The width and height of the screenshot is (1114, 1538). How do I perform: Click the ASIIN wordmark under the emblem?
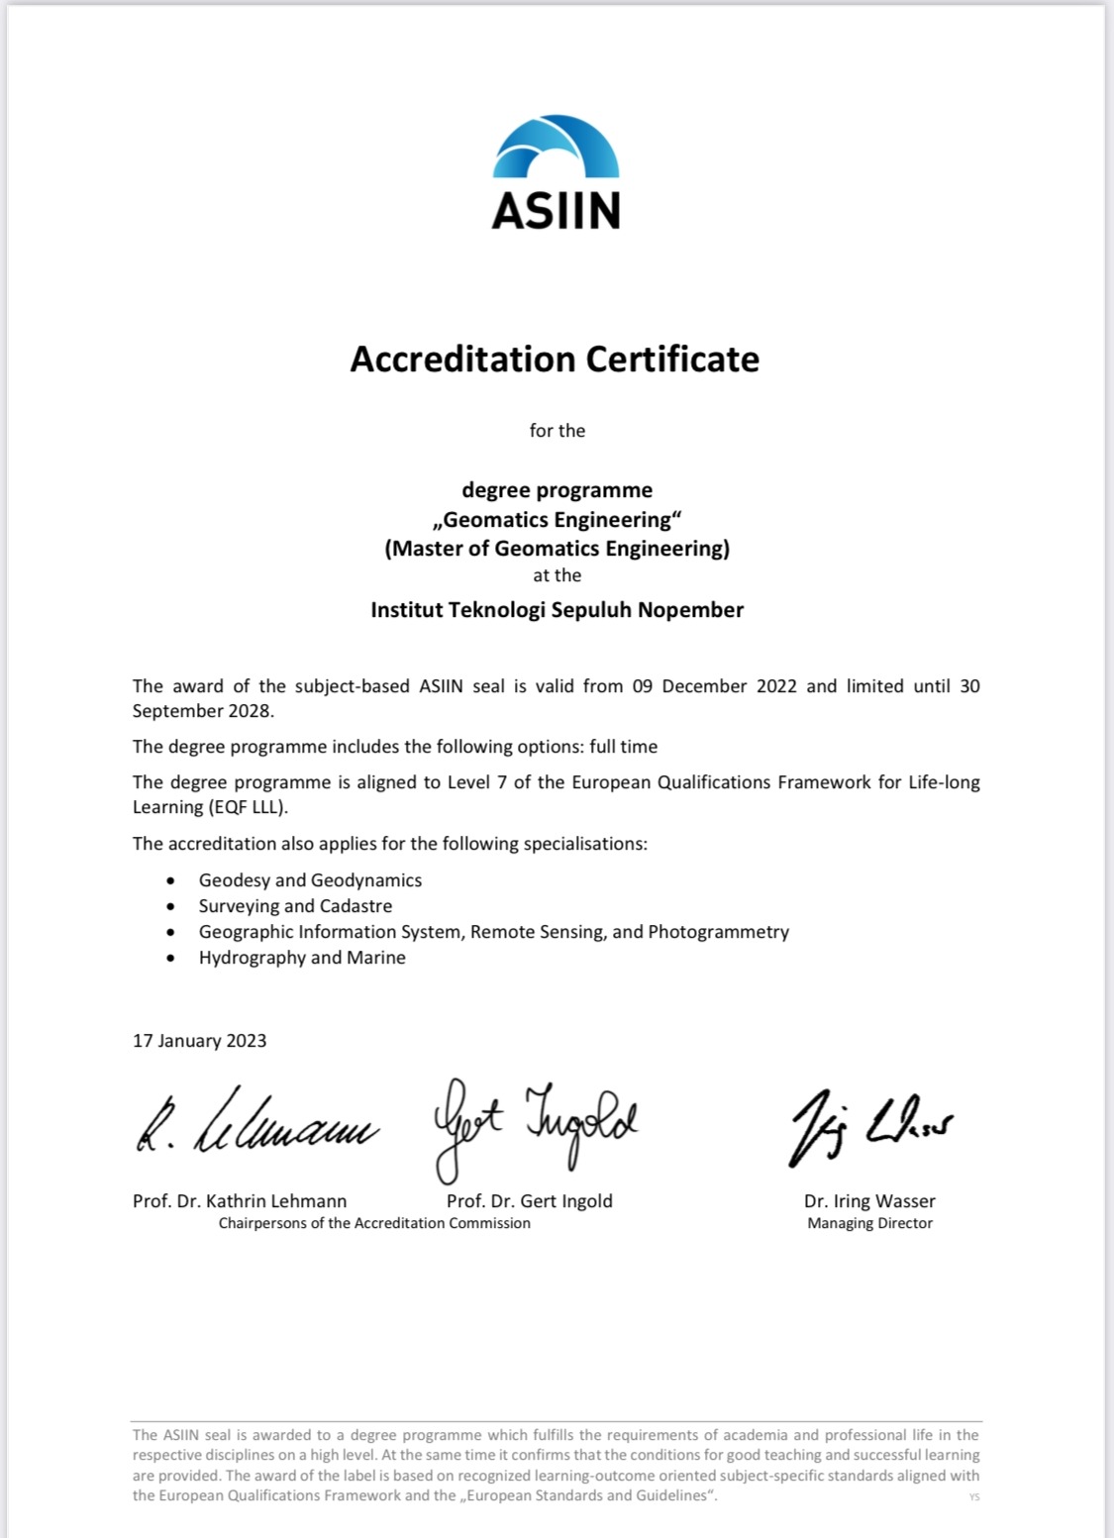point(556,210)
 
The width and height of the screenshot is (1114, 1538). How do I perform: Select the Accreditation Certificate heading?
point(555,359)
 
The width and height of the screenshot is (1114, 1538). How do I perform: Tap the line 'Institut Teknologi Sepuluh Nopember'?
point(557,610)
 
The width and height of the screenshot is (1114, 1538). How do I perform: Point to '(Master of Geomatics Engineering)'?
point(557,549)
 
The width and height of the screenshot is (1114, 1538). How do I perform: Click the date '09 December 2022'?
point(714,686)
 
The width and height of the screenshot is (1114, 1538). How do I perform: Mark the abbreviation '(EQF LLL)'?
point(248,807)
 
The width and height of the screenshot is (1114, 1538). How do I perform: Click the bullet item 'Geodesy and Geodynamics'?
point(310,880)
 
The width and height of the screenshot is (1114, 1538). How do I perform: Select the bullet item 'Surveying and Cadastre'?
point(295,906)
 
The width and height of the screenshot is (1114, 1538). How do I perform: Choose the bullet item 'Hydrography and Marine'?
point(302,958)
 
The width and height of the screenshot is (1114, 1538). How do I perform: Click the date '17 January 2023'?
point(200,1041)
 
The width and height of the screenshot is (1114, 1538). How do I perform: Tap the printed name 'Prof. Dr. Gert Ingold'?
point(530,1201)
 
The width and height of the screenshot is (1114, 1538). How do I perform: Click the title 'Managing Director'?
point(869,1223)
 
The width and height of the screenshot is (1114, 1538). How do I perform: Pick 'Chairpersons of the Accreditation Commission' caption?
point(374,1223)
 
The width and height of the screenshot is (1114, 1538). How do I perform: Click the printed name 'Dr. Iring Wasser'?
point(869,1201)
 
